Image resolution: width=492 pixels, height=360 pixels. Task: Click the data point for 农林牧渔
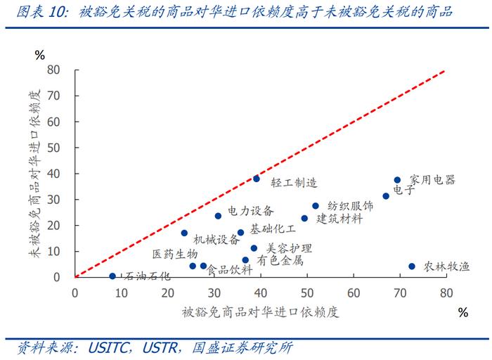[x=412, y=266]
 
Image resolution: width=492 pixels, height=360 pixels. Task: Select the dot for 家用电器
[x=397, y=180]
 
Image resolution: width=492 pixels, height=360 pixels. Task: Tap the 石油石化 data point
[x=112, y=276]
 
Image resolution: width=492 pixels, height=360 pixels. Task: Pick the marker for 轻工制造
[x=257, y=179]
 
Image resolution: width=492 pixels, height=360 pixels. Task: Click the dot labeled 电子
[x=386, y=196]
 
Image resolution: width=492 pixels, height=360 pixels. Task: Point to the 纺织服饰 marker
[x=316, y=206]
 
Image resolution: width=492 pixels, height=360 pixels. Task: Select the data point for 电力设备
[x=218, y=216]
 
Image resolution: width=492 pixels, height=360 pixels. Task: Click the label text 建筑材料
[x=339, y=219]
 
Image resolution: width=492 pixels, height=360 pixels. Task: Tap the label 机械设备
[x=216, y=239]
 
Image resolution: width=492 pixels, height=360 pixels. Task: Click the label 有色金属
[x=280, y=260]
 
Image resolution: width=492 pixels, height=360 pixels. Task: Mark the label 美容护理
[x=289, y=248]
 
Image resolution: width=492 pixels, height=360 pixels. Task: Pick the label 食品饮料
[x=229, y=269]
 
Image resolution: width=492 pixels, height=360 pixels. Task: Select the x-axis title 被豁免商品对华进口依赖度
[x=260, y=312]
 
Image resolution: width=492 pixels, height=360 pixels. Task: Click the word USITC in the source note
[x=110, y=347]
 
